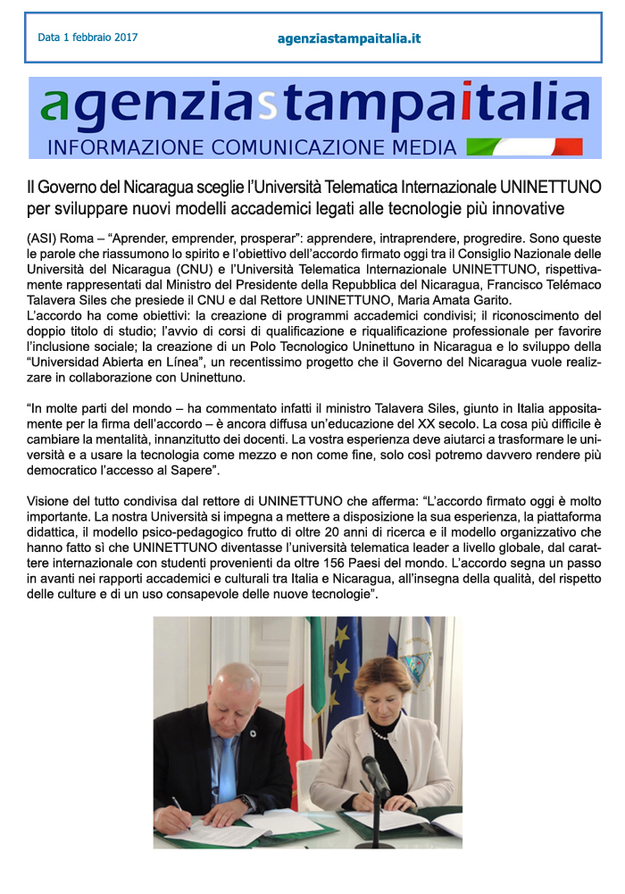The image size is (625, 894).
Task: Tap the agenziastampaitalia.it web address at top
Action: click(x=349, y=38)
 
